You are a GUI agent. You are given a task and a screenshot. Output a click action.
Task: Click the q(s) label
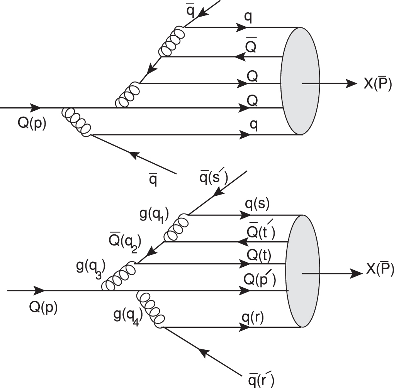[257, 205]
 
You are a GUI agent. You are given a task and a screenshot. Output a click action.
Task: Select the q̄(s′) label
[213, 178]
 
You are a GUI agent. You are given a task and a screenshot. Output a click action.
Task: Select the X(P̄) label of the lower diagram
[379, 271]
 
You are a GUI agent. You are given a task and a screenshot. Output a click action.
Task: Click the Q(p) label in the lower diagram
[43, 307]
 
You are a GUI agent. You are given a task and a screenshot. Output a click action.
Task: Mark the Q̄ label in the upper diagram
[251, 47]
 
